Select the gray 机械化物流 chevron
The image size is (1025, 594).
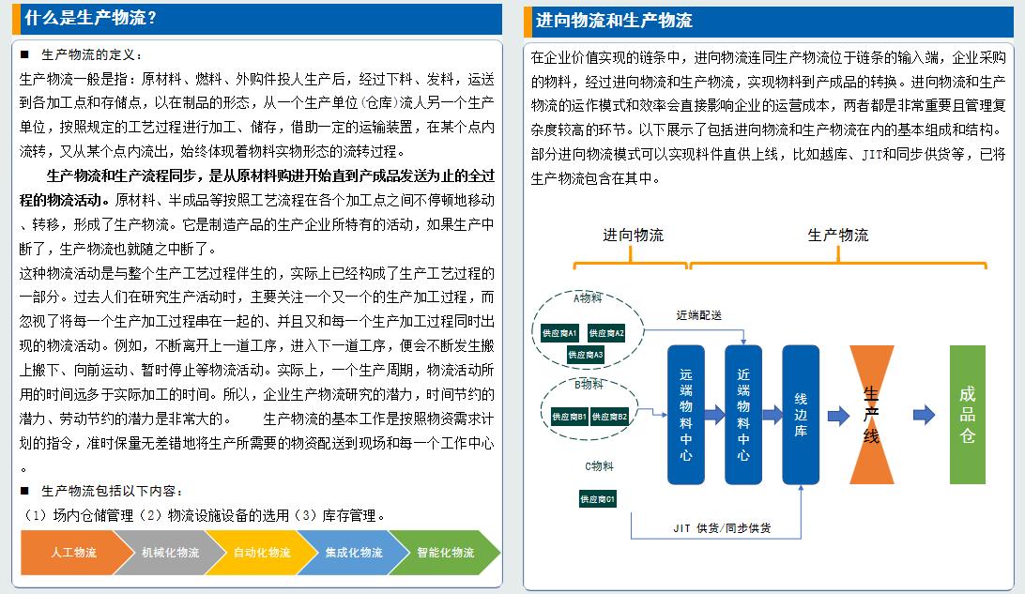(x=161, y=553)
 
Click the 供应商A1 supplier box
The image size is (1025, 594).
(x=559, y=333)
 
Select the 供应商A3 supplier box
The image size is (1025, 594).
(x=586, y=355)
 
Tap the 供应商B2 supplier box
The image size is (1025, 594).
(x=609, y=416)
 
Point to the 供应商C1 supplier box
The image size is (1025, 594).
(x=597, y=499)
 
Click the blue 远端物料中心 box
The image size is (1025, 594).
(x=685, y=414)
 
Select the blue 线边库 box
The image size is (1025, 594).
(x=801, y=414)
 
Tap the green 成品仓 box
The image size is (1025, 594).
(x=967, y=414)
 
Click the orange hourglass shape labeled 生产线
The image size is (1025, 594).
(x=872, y=414)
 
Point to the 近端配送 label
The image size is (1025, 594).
(x=699, y=314)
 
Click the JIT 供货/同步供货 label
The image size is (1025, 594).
(x=722, y=528)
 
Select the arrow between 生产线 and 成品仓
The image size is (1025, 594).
(x=924, y=414)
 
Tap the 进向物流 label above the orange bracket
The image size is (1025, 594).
(x=633, y=235)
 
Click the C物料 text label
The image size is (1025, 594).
(x=599, y=465)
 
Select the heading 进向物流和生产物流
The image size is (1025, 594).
(x=614, y=21)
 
